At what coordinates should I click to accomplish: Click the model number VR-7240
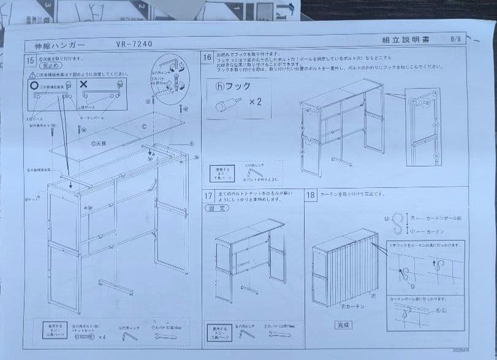coord(133,43)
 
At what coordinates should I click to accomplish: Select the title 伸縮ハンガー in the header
coord(56,45)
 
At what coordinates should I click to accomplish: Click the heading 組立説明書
coord(405,40)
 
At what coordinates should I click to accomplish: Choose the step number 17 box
coord(208,195)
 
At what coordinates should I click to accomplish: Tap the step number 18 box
coord(311,195)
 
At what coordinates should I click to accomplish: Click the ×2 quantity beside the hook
coord(256,102)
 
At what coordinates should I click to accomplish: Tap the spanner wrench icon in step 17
coord(271,334)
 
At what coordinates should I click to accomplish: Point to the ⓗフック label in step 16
coord(233,86)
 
